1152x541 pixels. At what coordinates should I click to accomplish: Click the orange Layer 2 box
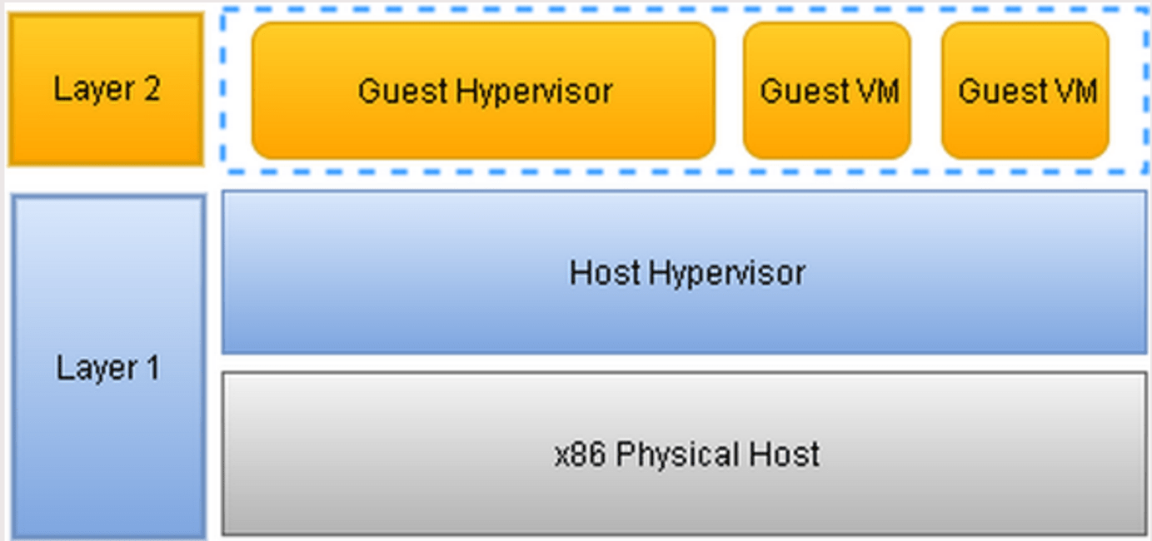coord(106,88)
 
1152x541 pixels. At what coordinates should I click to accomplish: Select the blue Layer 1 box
coord(107,367)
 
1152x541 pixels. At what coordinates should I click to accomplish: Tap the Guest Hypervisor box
coord(483,90)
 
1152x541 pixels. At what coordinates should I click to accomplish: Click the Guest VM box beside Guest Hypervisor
coord(827,90)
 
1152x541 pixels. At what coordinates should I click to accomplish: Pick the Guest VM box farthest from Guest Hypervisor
coord(1025,90)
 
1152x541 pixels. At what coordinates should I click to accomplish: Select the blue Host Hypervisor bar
coord(684,272)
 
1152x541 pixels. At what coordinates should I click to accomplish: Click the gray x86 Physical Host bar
coord(684,454)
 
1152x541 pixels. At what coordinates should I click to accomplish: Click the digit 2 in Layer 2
coord(151,89)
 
